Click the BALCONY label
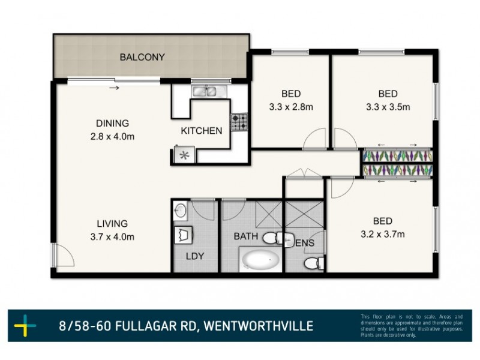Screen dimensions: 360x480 coord(142,58)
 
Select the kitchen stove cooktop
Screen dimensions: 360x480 coord(239,122)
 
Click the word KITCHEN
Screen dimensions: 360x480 coord(202,130)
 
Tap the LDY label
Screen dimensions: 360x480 coord(194,256)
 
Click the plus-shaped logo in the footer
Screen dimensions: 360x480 coord(25,326)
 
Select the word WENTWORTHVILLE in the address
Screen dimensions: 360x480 coord(259,326)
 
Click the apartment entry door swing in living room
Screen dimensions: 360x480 coord(62,257)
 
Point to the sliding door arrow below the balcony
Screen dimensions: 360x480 coord(114,89)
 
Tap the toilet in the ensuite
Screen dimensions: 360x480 coord(312,263)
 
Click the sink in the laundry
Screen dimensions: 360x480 coord(181,211)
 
